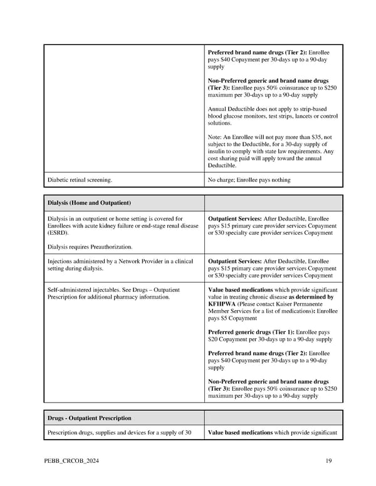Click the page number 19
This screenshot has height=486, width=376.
(328, 462)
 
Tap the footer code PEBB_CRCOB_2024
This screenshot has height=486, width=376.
(73, 462)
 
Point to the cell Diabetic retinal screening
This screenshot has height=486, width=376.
(80, 180)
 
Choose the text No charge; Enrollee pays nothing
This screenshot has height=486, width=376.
(249, 180)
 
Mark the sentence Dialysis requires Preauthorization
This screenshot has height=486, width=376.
(90, 247)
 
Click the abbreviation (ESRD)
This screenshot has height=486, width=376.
(58, 232)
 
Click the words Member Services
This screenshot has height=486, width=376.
(232, 311)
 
